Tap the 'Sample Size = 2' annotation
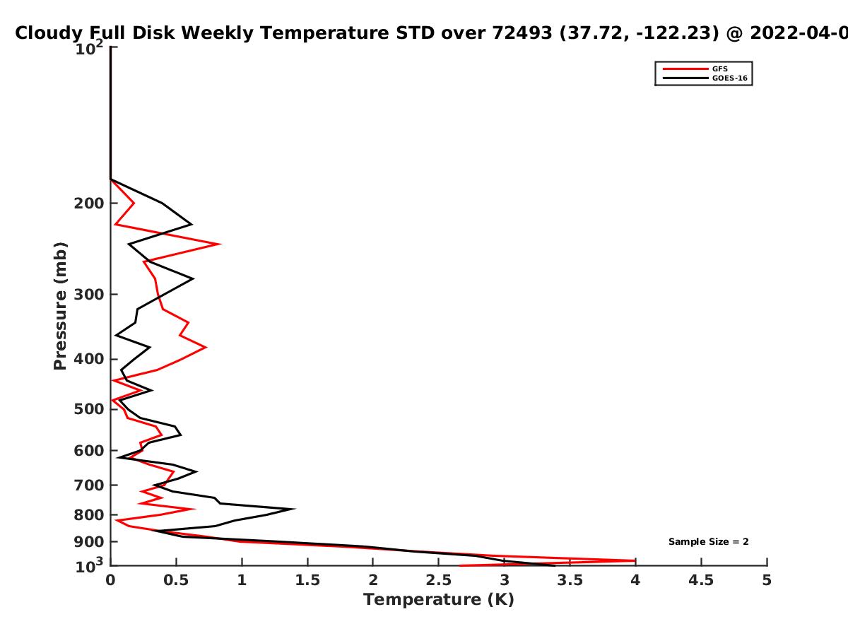click(709, 542)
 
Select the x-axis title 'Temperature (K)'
click(439, 599)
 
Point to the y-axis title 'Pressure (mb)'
click(60, 306)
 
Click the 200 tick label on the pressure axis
click(89, 203)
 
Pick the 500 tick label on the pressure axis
click(89, 408)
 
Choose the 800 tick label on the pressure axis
click(89, 514)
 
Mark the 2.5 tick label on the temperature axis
click(439, 580)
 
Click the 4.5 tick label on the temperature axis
click(701, 580)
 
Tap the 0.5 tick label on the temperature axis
click(176, 580)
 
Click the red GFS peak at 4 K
click(635, 560)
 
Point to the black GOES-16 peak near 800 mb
click(295, 509)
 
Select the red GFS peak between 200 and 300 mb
click(220, 244)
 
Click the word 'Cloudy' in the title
click(48, 33)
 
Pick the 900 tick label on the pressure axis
click(89, 542)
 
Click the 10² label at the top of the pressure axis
click(89, 47)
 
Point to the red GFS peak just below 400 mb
click(206, 347)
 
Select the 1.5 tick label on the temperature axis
click(307, 580)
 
